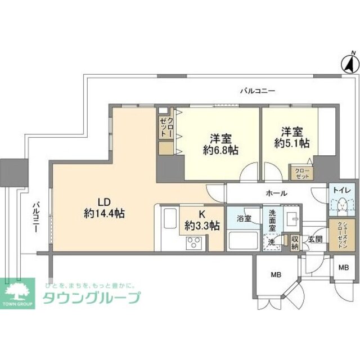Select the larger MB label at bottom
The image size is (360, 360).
click(x=276, y=274)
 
